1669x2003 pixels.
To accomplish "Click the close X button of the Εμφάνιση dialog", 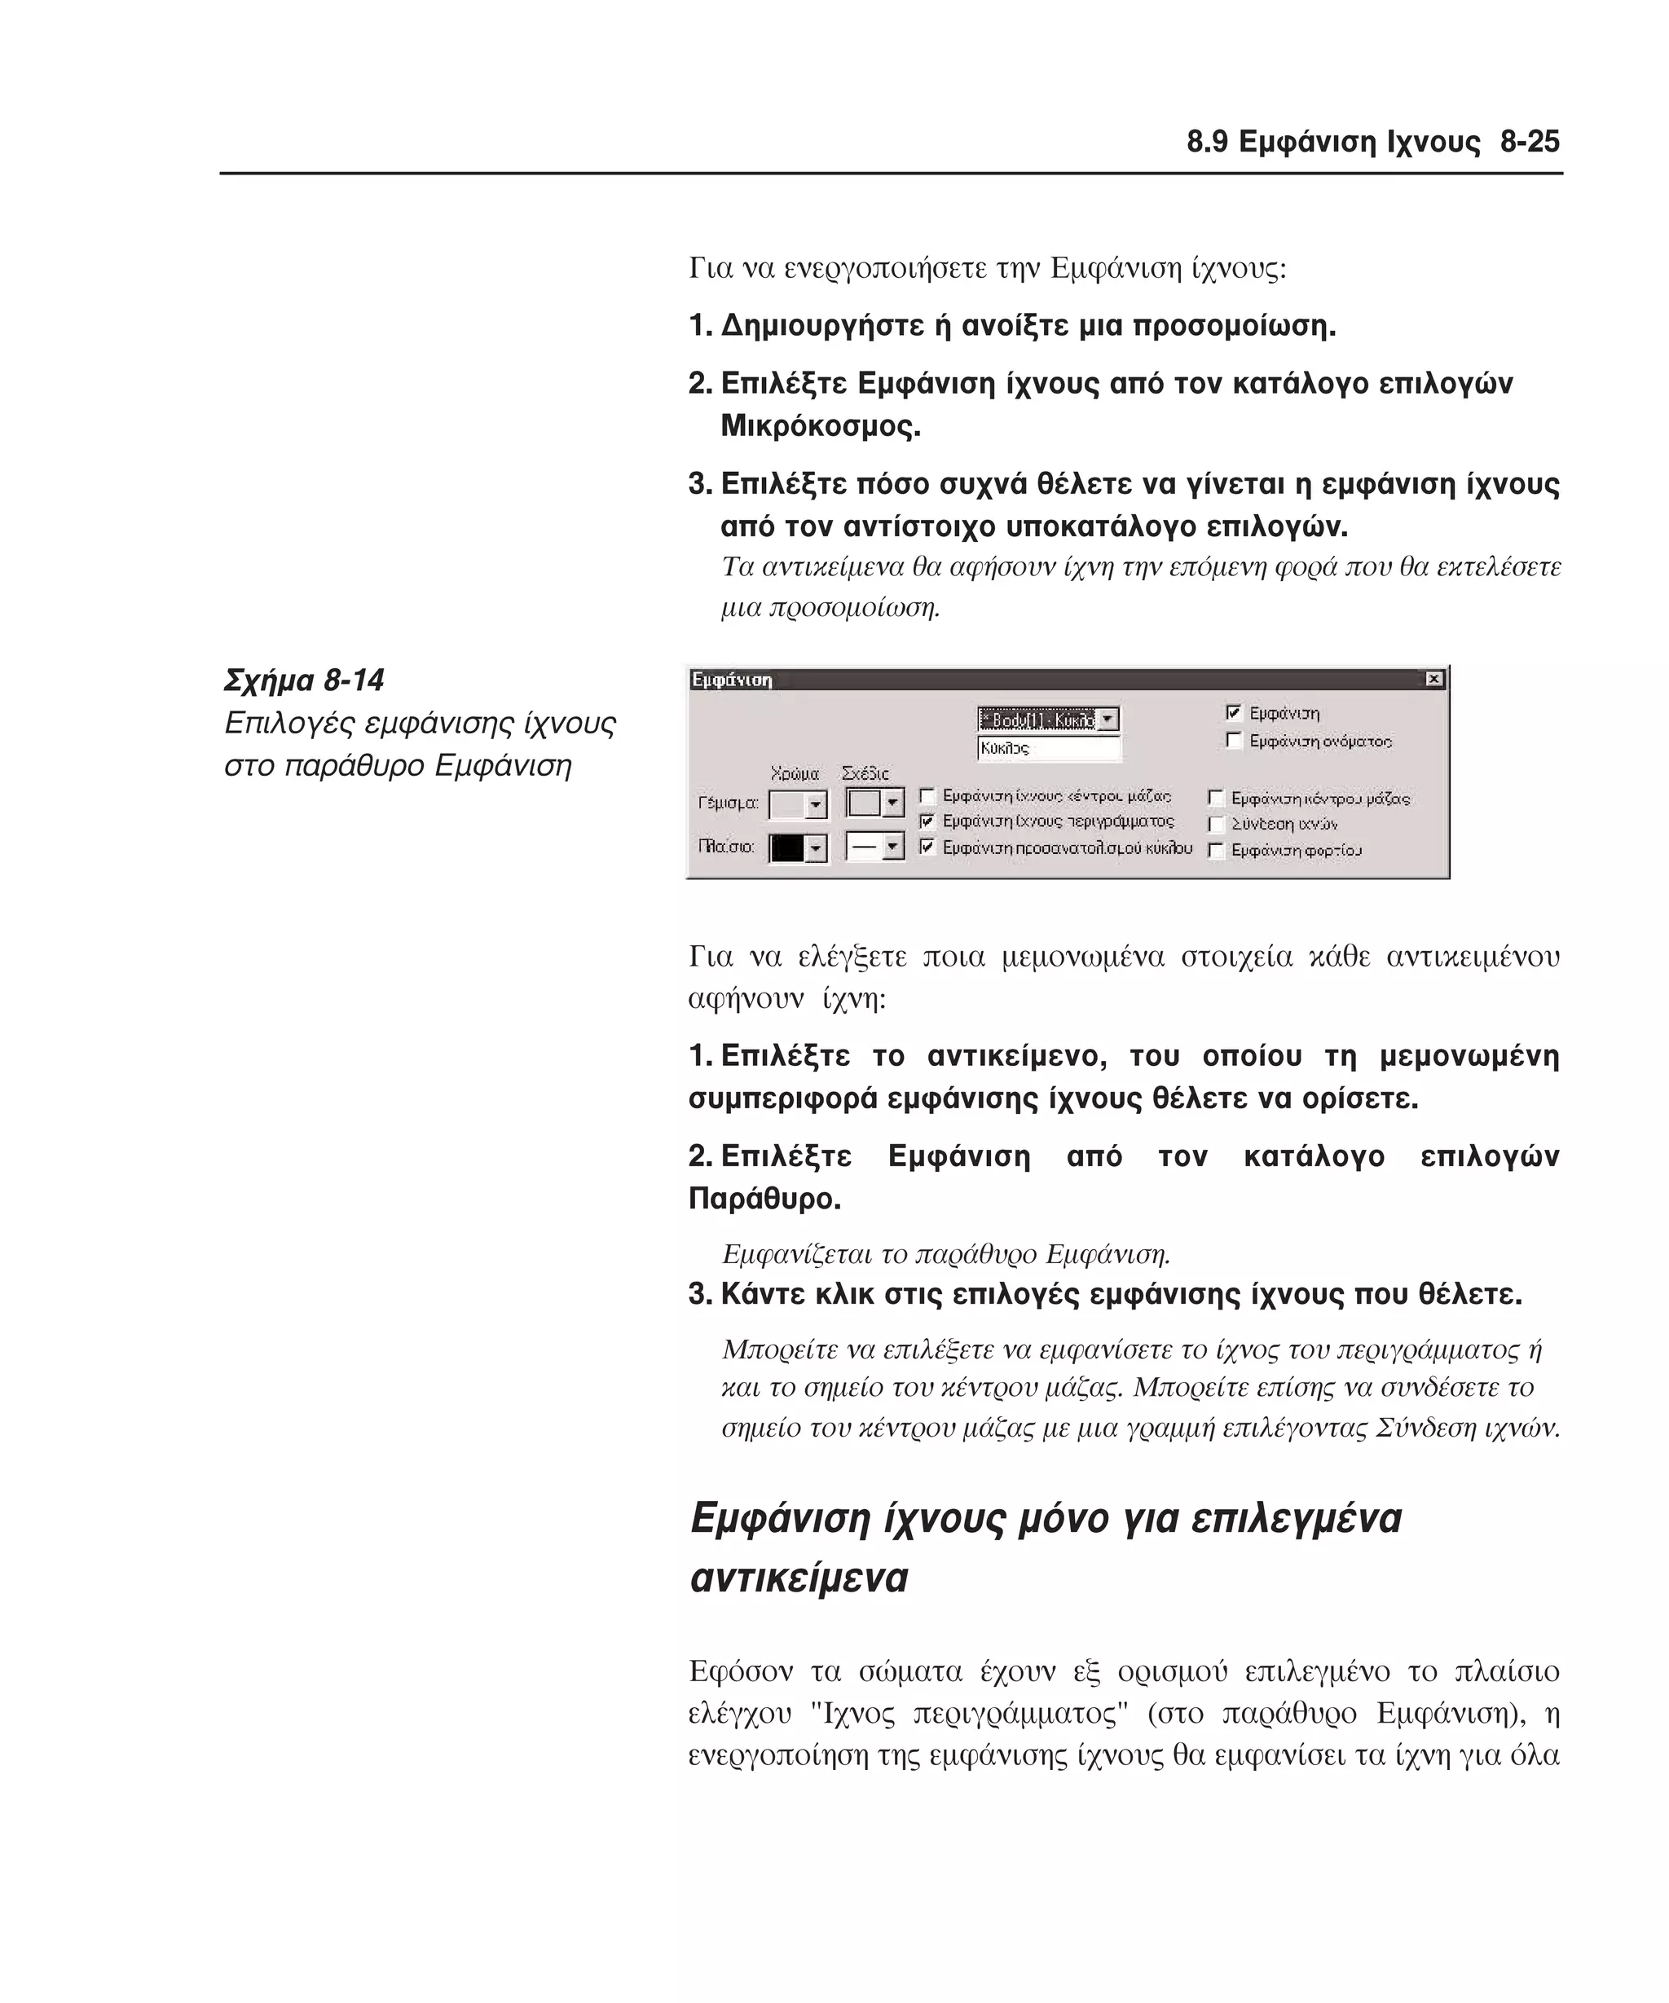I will click(x=1433, y=679).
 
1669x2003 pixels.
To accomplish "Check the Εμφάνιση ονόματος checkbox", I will click(x=1234, y=740).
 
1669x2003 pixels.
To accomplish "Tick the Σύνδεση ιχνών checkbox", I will click(x=1216, y=824).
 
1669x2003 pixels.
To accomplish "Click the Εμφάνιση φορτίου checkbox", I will click(x=1216, y=850).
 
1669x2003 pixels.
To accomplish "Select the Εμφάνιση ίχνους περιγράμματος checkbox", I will click(x=926, y=821).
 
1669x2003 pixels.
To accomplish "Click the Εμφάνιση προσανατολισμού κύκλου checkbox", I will click(x=926, y=847).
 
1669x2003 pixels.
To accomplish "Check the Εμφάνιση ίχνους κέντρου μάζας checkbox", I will click(x=926, y=795).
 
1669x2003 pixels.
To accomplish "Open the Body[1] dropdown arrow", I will click(x=1108, y=720).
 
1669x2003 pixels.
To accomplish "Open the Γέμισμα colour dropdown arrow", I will click(x=816, y=806).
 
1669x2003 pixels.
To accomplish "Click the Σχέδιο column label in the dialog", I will click(x=865, y=773).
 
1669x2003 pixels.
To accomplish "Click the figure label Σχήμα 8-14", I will click(x=304, y=681).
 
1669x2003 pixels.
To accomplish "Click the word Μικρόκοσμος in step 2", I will click(x=820, y=426).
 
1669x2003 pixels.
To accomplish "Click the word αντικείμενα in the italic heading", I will click(x=799, y=1578).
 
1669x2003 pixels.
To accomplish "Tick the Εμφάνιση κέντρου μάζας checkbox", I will click(x=1216, y=799).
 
